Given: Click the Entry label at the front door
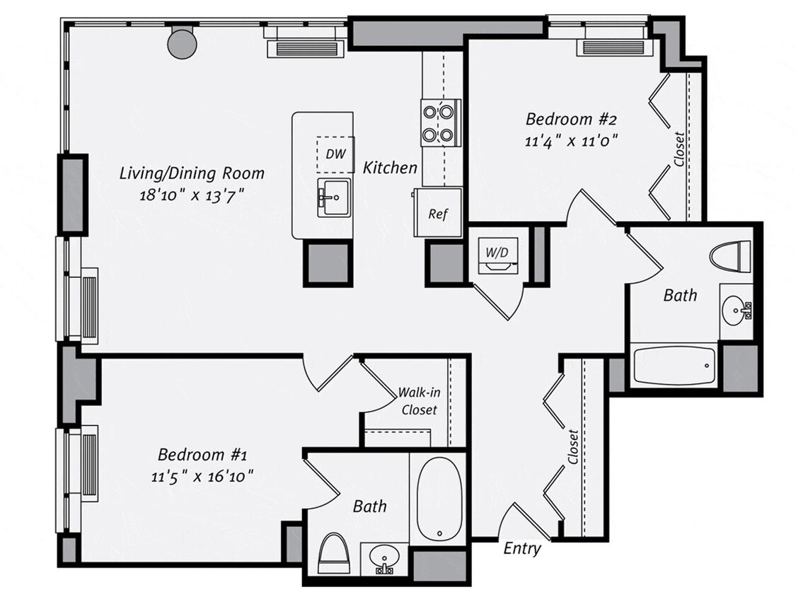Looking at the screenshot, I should pos(522,548).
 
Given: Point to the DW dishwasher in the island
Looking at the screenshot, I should pos(335,154).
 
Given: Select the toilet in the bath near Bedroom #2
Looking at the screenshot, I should pos(729,256).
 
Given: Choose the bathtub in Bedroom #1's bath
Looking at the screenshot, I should pos(438,499).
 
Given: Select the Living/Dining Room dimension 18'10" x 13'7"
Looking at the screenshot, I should pos(192,195).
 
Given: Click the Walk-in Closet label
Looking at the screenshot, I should pos(419,400).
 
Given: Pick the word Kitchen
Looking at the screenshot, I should pos(390,168).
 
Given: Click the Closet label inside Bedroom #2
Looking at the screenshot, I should pos(679,149).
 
